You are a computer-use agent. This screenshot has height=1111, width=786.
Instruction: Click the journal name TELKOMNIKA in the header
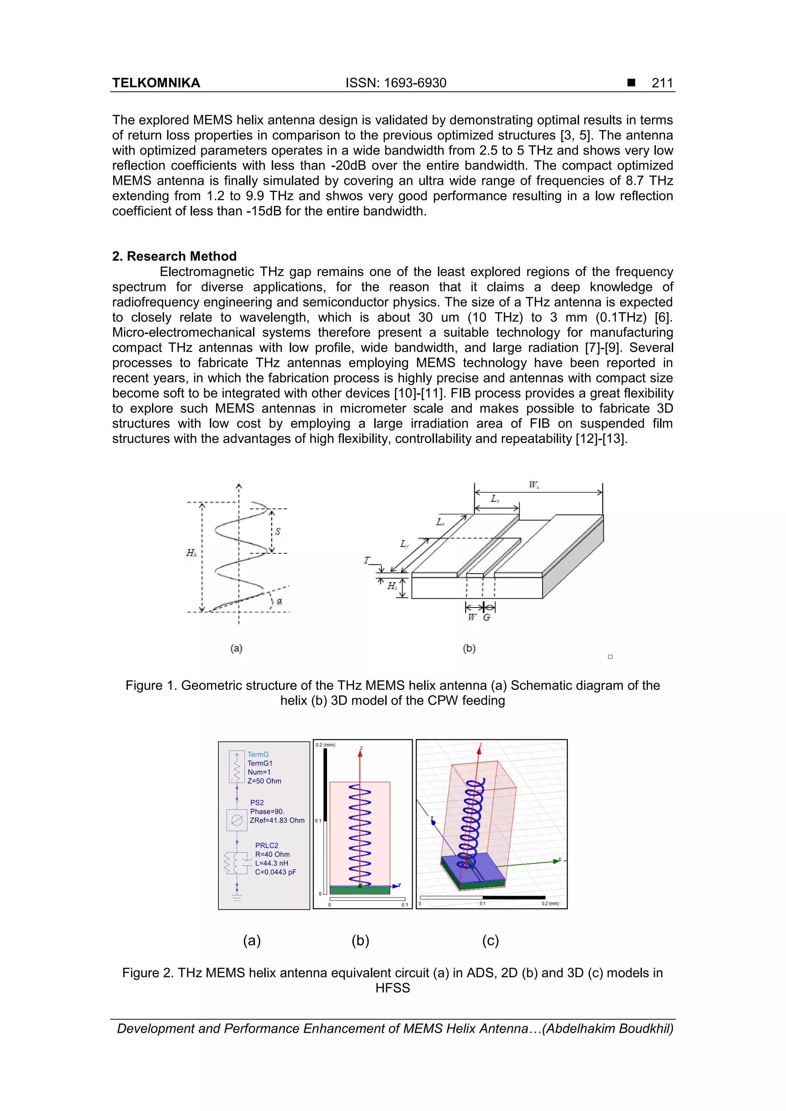click(156, 83)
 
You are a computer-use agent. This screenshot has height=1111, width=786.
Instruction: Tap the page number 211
click(662, 83)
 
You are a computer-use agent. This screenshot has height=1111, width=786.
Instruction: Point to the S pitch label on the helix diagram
click(278, 531)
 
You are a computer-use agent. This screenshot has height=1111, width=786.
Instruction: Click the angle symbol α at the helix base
click(279, 601)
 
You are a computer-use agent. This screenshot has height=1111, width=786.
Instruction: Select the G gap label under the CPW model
click(487, 617)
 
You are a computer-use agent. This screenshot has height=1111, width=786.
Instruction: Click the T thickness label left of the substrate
click(367, 560)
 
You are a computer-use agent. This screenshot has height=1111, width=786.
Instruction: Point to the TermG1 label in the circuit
click(260, 763)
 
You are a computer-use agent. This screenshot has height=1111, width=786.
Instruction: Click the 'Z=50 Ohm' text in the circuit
click(264, 781)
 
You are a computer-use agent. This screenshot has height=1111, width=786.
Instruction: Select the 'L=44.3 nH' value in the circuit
click(272, 863)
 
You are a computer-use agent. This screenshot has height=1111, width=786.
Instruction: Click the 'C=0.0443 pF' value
click(276, 872)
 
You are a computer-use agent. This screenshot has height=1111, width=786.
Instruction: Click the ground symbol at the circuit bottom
click(237, 898)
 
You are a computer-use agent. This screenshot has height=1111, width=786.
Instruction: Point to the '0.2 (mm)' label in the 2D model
click(325, 745)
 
